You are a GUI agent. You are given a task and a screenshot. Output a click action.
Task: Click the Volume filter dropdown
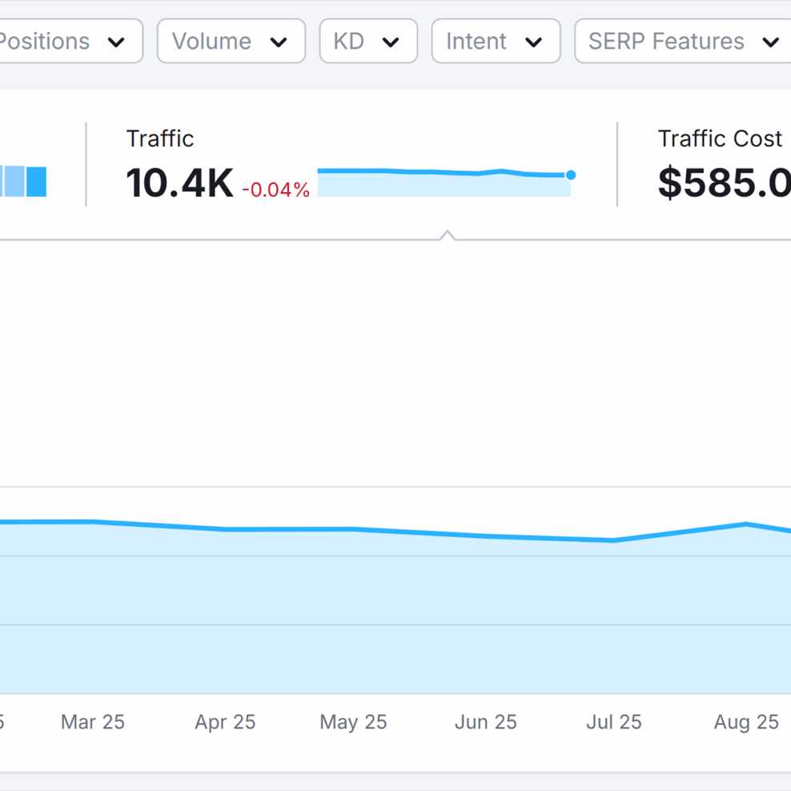231,41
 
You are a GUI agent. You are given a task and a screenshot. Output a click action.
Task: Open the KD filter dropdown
367,41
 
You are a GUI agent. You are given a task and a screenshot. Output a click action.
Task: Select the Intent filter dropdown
495,41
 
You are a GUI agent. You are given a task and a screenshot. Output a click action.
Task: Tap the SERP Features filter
682,41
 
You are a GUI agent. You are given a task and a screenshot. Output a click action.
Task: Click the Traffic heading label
160,139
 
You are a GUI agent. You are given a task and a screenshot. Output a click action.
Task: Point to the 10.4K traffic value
179,183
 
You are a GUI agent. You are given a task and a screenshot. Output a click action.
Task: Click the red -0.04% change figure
275,190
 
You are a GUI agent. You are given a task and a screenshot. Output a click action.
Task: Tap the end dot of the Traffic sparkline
571,175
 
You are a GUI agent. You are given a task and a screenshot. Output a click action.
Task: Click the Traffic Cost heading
719,139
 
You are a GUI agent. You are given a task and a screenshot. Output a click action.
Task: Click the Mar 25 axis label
93,722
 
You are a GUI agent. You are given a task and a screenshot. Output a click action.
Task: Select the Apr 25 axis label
225,722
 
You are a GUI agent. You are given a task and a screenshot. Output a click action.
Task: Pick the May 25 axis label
353,722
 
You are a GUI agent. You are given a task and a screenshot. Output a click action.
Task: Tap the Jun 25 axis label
485,722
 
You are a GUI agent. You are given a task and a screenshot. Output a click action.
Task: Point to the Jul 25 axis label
614,722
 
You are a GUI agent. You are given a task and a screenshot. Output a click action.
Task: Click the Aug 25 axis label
746,722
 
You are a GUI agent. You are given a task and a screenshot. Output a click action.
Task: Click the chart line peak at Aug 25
746,524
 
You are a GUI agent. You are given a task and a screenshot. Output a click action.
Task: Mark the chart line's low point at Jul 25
614,540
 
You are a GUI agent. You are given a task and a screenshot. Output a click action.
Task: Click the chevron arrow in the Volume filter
279,42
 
